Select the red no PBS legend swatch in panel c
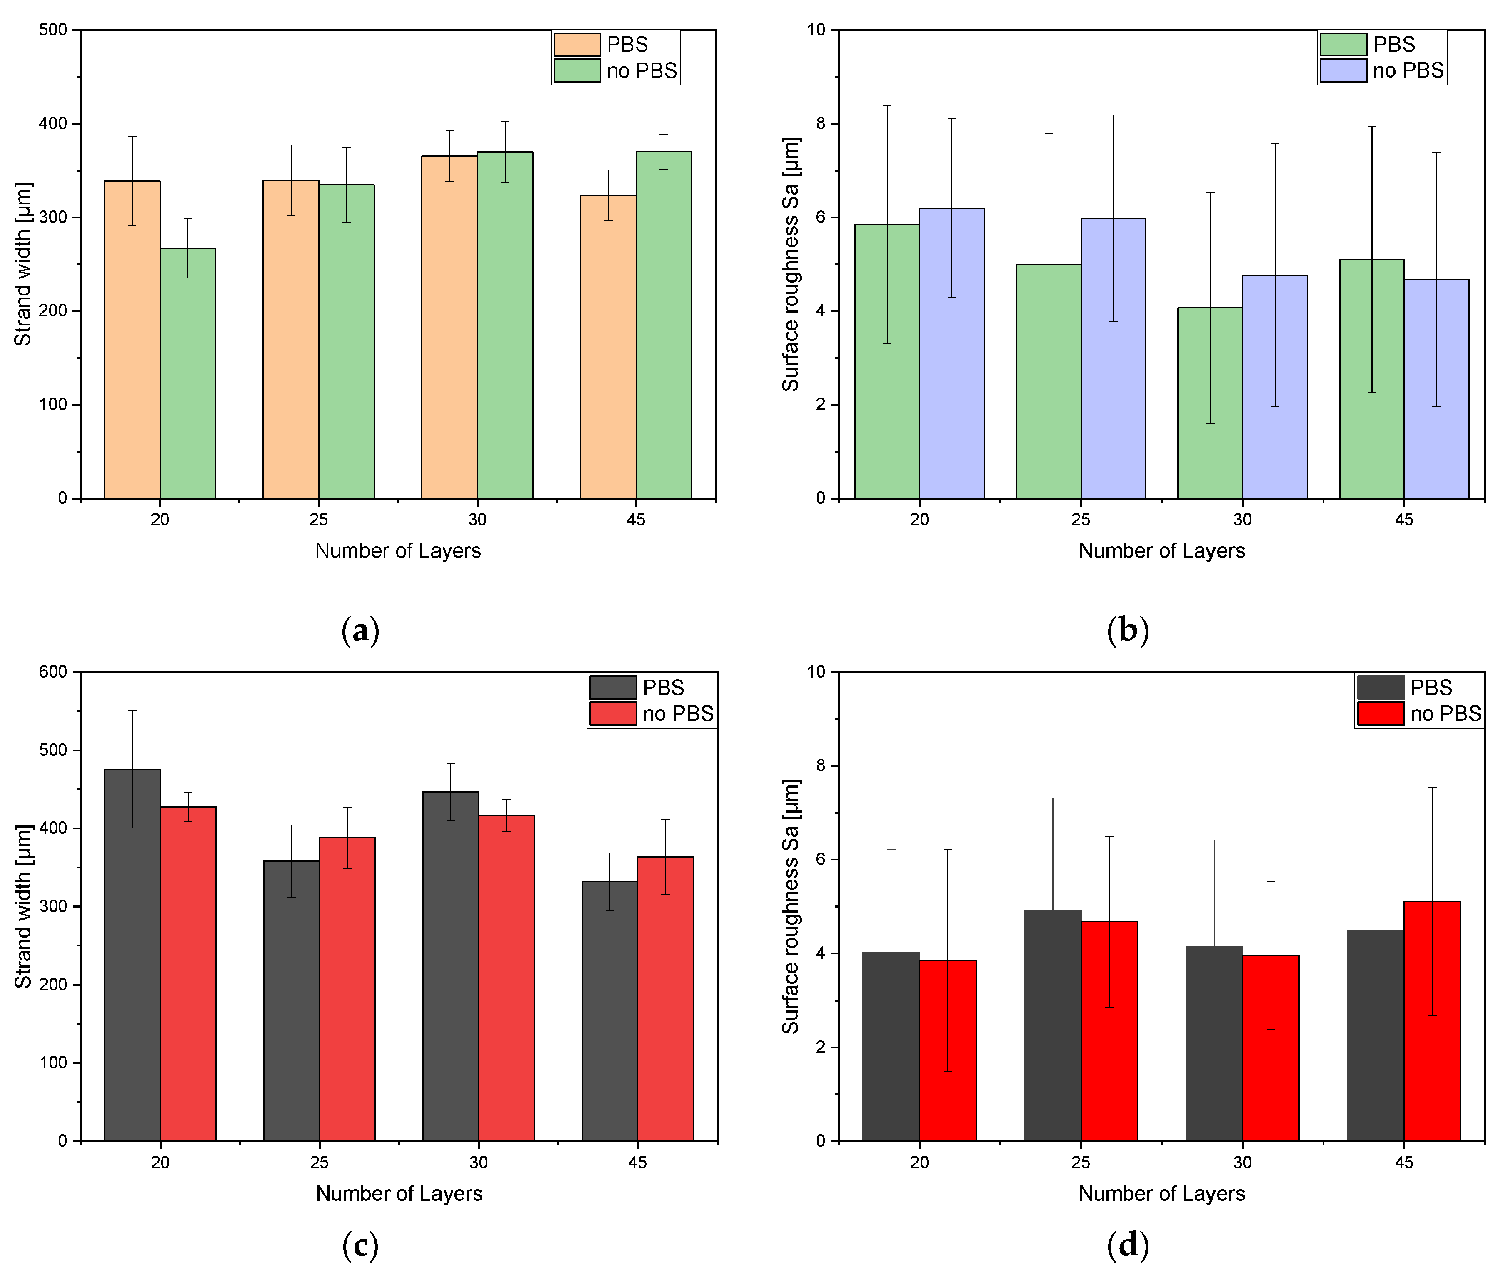(613, 713)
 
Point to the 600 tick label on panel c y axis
(52, 672)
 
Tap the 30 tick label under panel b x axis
(1242, 520)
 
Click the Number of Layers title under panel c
(399, 1193)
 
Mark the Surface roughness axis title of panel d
(791, 906)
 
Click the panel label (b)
(1127, 630)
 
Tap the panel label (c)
(360, 1245)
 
